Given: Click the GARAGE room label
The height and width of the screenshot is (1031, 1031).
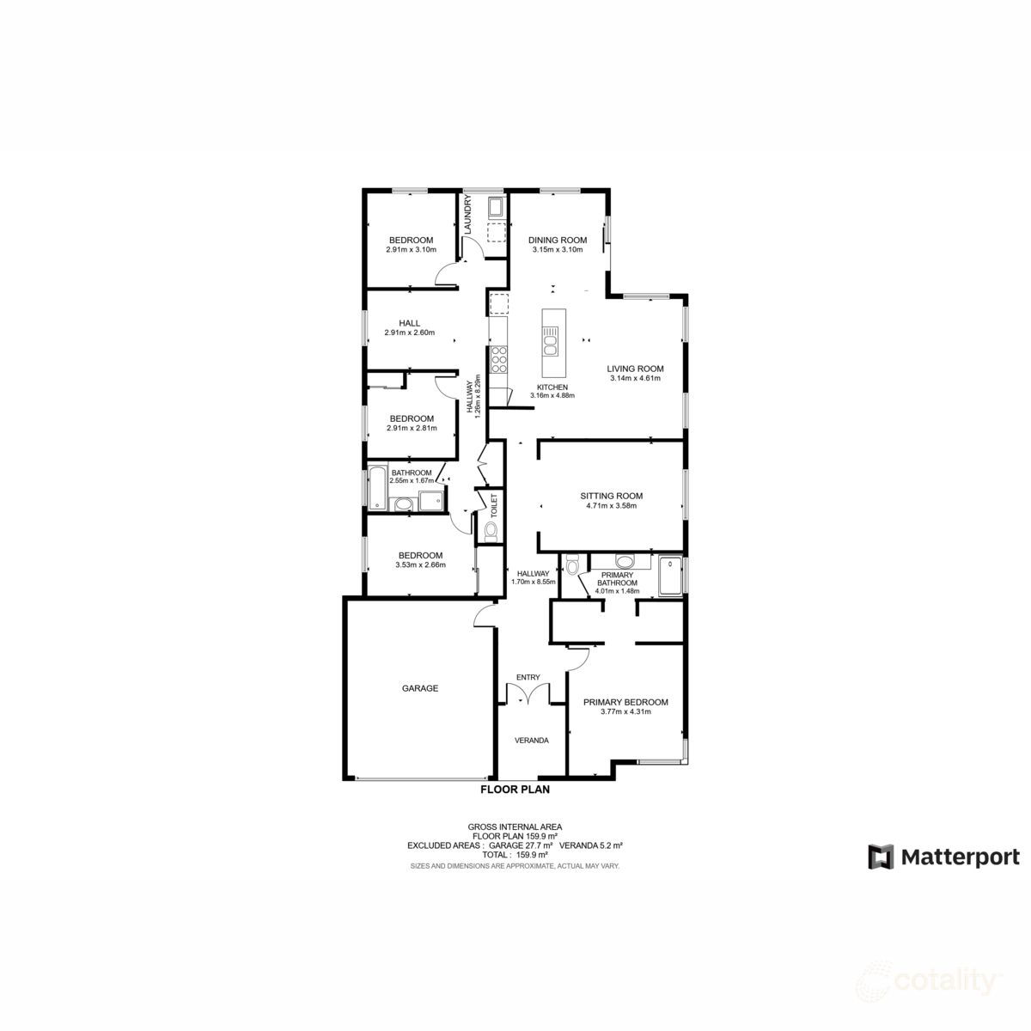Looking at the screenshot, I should coord(420,688).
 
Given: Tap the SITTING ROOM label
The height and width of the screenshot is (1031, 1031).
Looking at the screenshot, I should coord(611,496).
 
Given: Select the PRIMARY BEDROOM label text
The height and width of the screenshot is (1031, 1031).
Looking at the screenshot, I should coord(625,702).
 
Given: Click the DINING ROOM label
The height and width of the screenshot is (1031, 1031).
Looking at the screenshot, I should coord(558,241).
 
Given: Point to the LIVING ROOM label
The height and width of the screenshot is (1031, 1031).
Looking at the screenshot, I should coord(635,369).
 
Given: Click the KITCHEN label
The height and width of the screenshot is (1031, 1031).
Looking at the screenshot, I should coord(552,387).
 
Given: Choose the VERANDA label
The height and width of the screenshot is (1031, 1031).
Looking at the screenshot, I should coord(531,741).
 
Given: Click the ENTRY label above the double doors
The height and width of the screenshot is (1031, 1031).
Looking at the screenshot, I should coord(528,678).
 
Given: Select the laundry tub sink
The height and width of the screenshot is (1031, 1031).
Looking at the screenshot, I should coord(496,207).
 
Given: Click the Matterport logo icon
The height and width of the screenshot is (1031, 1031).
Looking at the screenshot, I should coord(881,857).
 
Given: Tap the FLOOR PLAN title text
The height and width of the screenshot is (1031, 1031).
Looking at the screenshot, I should coord(515,789).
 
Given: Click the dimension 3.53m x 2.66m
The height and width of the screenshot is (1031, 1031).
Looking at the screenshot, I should coord(420,564).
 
